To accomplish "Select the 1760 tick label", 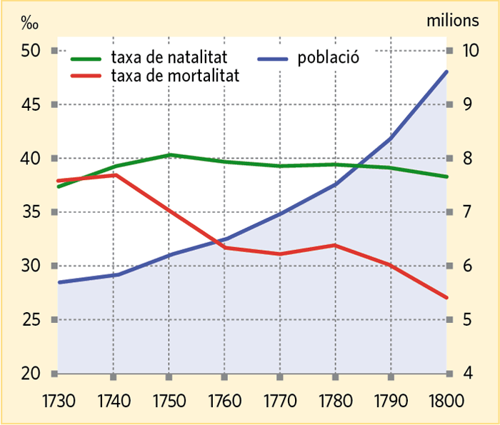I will pos(224,401).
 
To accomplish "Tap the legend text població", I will pos(328,57).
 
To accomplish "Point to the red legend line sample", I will pos(86,74).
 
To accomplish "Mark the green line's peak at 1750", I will pos(169,155).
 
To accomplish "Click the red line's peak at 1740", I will pos(113,174).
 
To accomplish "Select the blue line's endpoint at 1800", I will pos(446,71).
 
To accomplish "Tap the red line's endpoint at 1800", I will pos(446,297).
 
